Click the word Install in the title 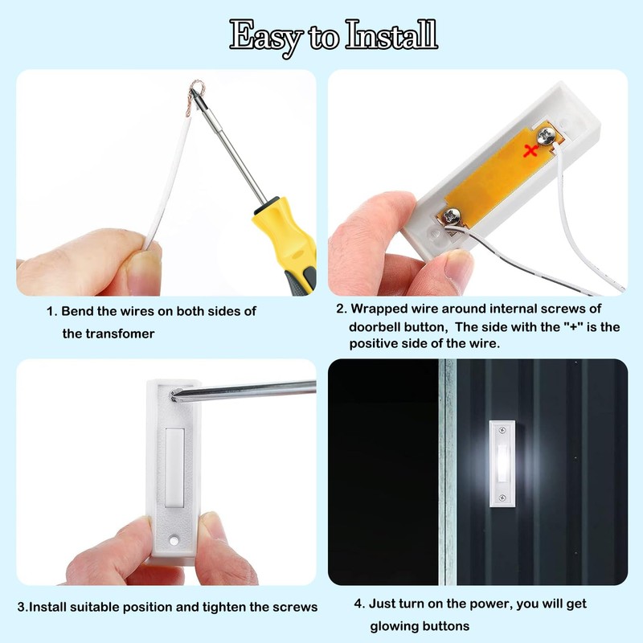click(x=392, y=35)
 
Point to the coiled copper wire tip click(x=195, y=95)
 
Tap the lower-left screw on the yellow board click(x=453, y=216)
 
